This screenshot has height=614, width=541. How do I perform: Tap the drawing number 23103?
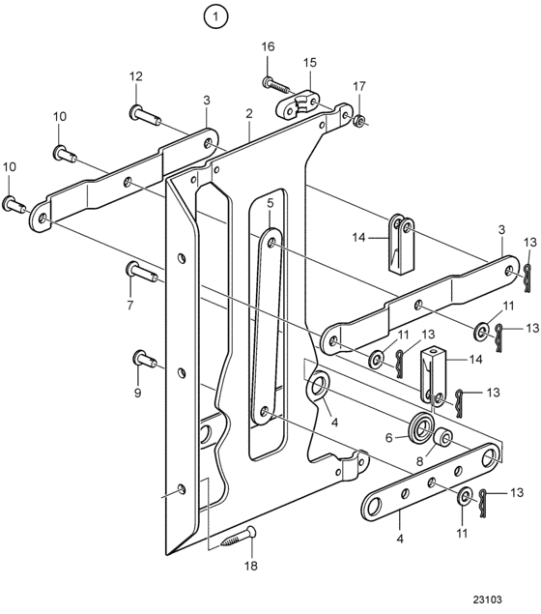coord(487,599)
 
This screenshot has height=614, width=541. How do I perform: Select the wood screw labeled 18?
coord(239,537)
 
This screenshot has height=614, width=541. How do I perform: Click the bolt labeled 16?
coord(275,84)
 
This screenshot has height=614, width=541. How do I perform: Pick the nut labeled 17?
coord(358,121)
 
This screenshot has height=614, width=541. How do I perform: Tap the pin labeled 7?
coord(142,272)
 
